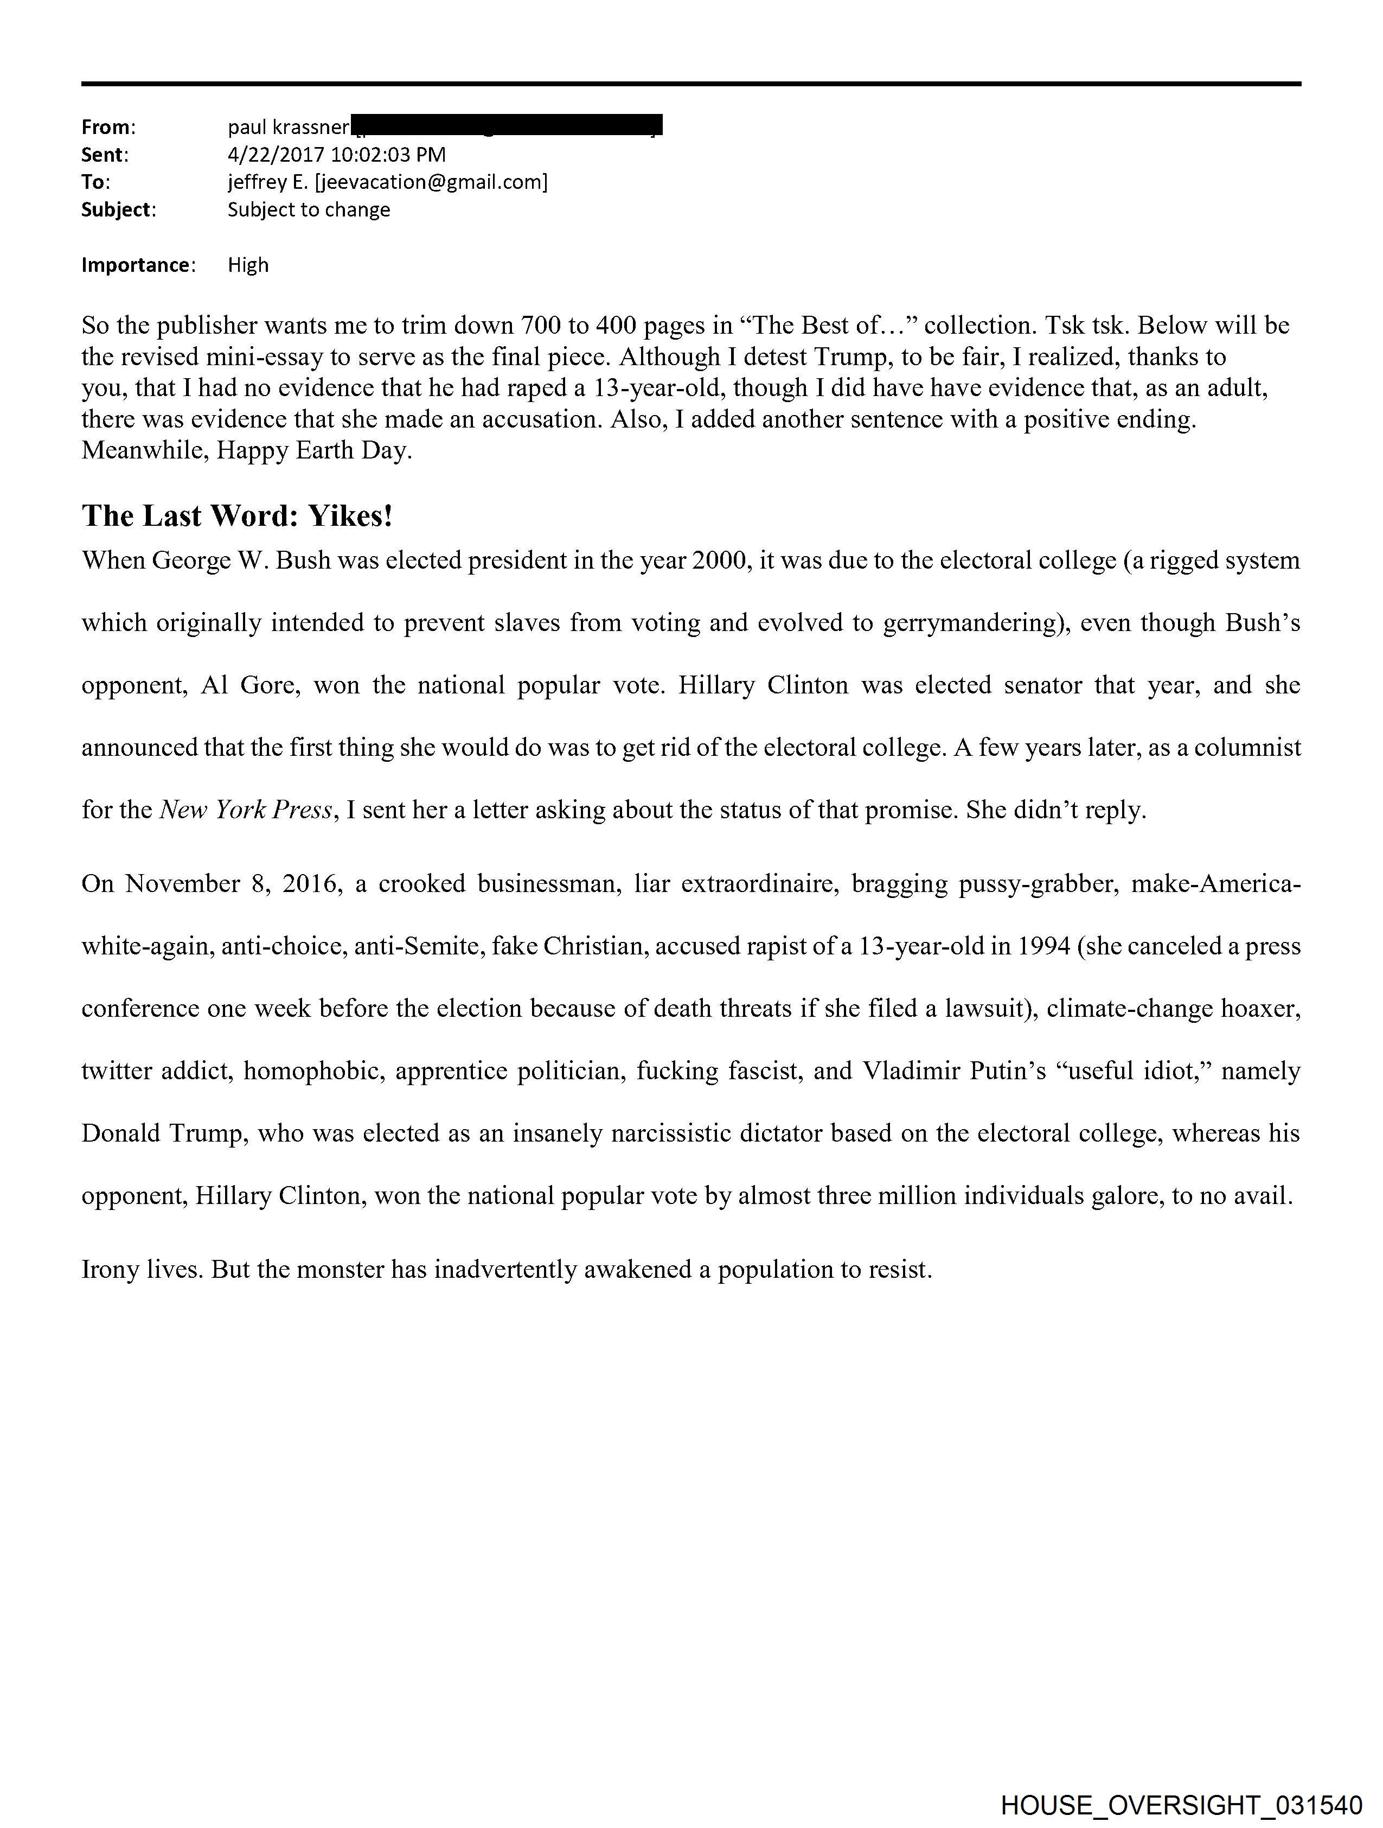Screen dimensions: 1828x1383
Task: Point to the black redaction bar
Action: (x=507, y=125)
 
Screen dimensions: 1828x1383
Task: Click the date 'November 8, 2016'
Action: (x=233, y=883)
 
